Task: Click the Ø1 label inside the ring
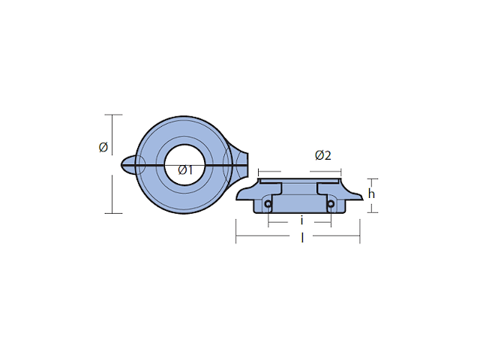(186, 170)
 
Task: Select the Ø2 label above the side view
(323, 156)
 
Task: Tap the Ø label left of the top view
(103, 147)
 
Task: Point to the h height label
(371, 193)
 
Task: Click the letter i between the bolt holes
(301, 220)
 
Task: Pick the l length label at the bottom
(301, 237)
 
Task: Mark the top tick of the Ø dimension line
(112, 115)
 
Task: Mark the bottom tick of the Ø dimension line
(112, 213)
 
